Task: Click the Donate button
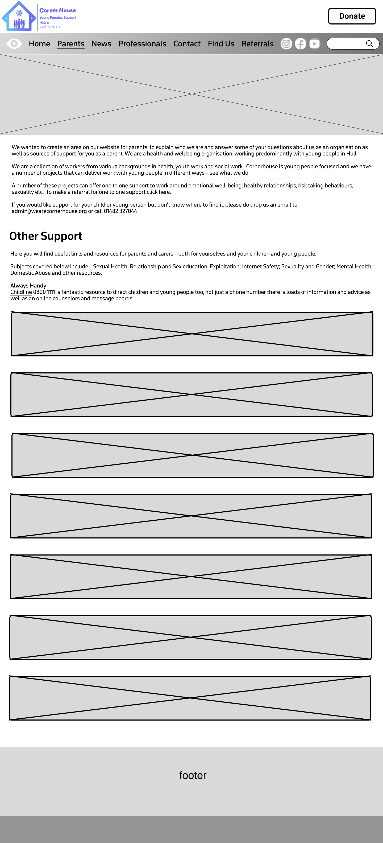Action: tap(352, 16)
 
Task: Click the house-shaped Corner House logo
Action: tap(19, 16)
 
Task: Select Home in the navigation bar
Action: tap(39, 44)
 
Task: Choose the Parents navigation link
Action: tap(71, 44)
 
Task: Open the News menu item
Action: tap(101, 44)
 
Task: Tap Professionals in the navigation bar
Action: tap(142, 44)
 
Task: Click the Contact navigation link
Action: tap(187, 44)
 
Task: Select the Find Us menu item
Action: tap(221, 44)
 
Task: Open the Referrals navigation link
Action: tap(257, 44)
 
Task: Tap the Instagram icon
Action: tap(286, 44)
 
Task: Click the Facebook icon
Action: tap(301, 44)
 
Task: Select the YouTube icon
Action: tap(315, 44)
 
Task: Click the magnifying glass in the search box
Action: tap(369, 44)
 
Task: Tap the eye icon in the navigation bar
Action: tap(14, 44)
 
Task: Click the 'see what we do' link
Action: tap(229, 173)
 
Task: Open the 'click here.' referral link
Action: tap(159, 192)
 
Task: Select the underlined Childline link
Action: tap(21, 292)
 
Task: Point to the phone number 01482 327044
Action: tap(120, 211)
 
